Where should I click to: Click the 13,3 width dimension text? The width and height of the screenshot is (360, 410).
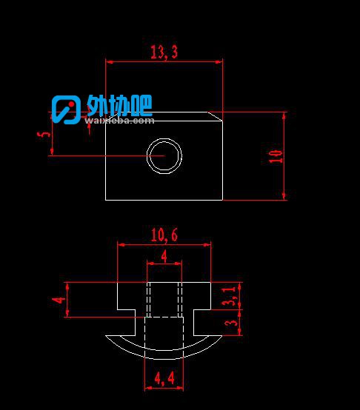pos(164,52)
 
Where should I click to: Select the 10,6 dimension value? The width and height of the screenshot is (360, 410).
pos(164,235)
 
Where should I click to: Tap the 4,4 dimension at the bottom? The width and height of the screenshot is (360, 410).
pos(164,378)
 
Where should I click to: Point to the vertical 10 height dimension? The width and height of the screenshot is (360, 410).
pos(276,156)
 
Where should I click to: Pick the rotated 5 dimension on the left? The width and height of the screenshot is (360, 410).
pos(44,134)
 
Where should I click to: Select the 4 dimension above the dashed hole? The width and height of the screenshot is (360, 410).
pos(164,256)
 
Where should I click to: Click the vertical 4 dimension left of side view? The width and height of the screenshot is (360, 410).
pos(59,300)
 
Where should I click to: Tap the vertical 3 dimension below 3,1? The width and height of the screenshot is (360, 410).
pos(231,323)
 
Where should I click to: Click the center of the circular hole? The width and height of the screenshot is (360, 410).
pos(164,156)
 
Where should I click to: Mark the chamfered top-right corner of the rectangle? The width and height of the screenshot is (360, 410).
pos(216,116)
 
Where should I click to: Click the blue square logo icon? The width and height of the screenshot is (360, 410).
pos(66,110)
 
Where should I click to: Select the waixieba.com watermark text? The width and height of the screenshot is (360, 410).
pos(119,121)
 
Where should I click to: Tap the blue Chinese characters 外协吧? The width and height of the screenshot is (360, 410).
pos(119,105)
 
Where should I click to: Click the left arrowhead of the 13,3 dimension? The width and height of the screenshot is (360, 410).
pos(109,62)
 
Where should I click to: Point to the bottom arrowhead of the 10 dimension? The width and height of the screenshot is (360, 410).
pos(284,197)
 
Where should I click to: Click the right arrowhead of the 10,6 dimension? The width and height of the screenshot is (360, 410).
pos(207,245)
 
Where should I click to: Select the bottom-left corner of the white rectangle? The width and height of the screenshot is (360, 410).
pos(105,201)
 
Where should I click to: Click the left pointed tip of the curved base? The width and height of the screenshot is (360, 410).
pos(105,335)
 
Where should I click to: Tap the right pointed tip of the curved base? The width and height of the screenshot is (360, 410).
pos(222,335)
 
